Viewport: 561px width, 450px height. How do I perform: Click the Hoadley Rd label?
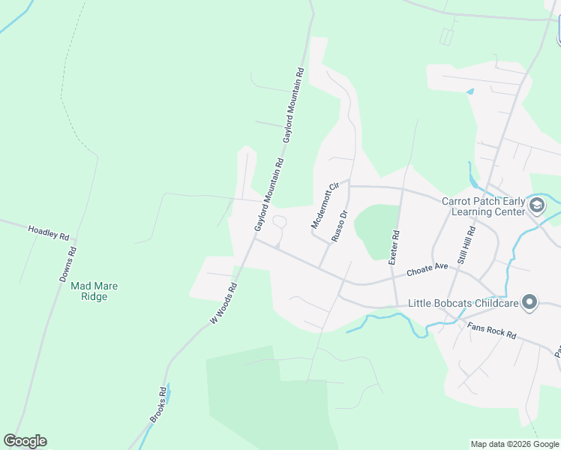pyautogui.click(x=49, y=232)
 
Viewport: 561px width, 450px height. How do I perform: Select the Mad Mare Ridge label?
pyautogui.click(x=94, y=291)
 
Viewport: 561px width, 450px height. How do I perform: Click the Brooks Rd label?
pyautogui.click(x=158, y=405)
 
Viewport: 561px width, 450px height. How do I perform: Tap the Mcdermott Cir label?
pyautogui.click(x=325, y=205)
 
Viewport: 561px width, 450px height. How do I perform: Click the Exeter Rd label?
pyautogui.click(x=394, y=247)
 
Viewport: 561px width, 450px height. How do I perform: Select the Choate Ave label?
pyautogui.click(x=427, y=269)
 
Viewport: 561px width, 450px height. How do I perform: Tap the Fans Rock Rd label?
pyautogui.click(x=491, y=330)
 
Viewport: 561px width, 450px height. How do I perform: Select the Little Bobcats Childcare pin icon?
pyautogui.click(x=530, y=303)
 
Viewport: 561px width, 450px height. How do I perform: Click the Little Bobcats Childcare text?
pyautogui.click(x=463, y=304)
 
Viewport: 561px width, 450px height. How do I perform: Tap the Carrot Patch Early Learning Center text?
pyautogui.click(x=483, y=206)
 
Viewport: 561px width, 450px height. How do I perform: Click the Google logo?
pyautogui.click(x=25, y=441)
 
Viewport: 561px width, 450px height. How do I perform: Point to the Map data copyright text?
pyautogui.click(x=514, y=444)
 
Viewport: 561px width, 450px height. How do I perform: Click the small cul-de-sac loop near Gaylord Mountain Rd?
pyautogui.click(x=279, y=223)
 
